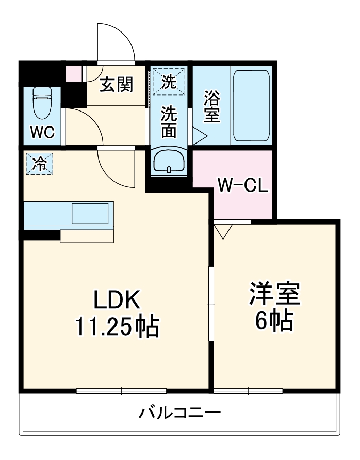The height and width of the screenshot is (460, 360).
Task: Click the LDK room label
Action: click(116, 300)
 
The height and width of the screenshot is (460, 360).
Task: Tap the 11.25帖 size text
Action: click(117, 326)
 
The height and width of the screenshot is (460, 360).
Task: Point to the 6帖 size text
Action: click(274, 321)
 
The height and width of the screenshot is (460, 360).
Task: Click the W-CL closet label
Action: click(242, 185)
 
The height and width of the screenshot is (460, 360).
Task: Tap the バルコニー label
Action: click(180, 413)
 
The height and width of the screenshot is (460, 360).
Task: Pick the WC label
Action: click(42, 132)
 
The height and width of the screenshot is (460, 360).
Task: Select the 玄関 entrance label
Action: click(116, 84)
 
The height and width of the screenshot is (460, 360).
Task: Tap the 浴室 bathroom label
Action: click(211, 107)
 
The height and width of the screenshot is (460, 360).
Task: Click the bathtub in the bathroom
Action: click(251, 105)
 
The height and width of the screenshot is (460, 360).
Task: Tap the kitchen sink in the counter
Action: click(90, 213)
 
